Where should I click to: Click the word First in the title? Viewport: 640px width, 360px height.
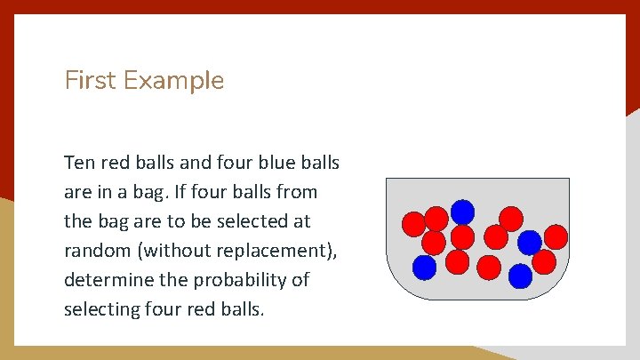[91, 81]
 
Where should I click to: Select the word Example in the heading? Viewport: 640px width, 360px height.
[174, 81]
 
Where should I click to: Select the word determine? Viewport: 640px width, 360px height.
[108, 280]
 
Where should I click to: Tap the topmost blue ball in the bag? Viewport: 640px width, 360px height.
[462, 212]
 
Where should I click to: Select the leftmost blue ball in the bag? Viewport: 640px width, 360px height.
[425, 267]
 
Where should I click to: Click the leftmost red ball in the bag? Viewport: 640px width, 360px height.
[413, 224]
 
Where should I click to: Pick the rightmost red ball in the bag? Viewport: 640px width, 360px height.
[556, 236]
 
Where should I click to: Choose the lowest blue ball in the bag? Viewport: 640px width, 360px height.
[520, 276]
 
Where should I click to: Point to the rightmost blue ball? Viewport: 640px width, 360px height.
[530, 243]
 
